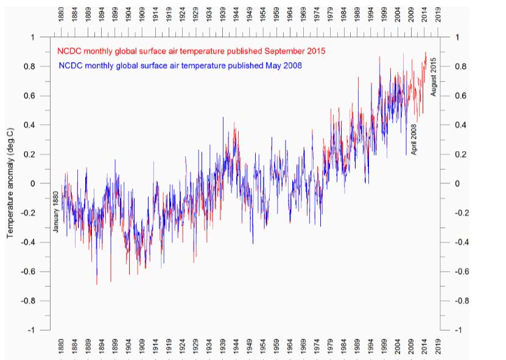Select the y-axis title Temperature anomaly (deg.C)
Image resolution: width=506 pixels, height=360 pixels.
pyautogui.click(x=11, y=183)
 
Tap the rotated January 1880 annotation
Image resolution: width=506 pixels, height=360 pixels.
pyautogui.click(x=55, y=211)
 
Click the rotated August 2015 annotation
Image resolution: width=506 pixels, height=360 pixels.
pyautogui.click(x=434, y=76)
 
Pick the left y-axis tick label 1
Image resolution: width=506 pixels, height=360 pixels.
pyautogui.click(x=33, y=37)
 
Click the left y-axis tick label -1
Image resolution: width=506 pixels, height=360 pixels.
pyautogui.click(x=31, y=330)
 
